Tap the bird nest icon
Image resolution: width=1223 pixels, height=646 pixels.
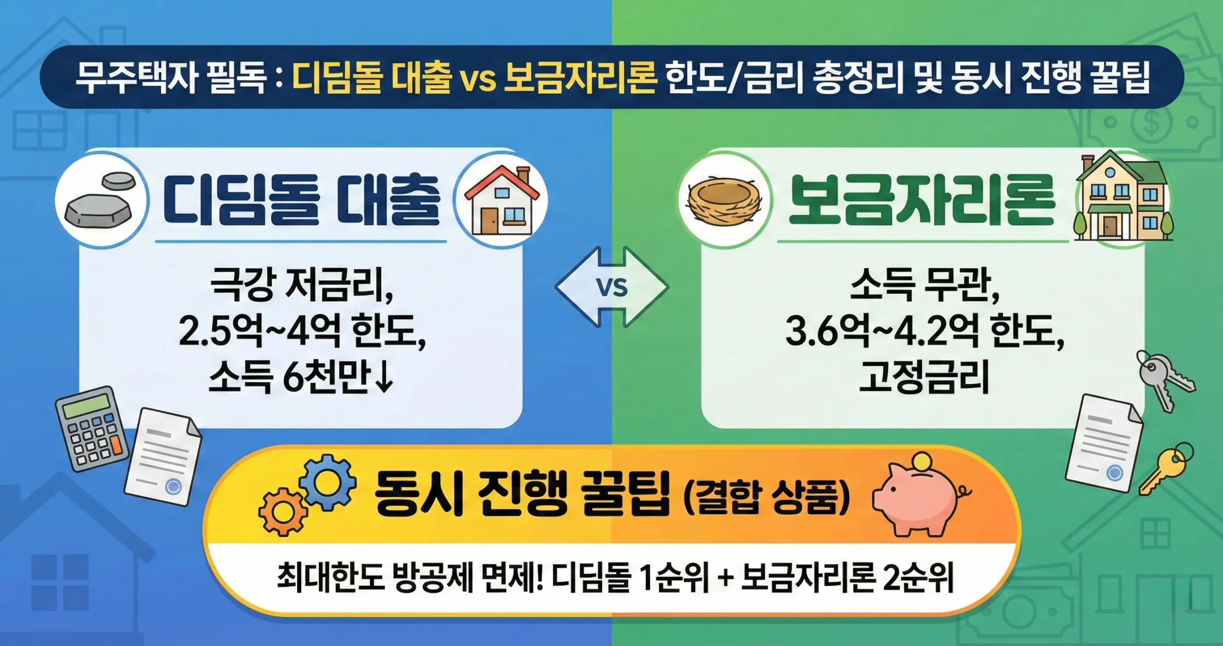pyautogui.click(x=725, y=201)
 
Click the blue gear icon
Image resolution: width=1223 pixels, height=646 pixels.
pyautogui.click(x=327, y=481)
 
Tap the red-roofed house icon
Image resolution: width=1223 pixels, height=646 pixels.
pyautogui.click(x=500, y=201)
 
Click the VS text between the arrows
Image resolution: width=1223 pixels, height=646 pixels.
pyautogui.click(x=612, y=288)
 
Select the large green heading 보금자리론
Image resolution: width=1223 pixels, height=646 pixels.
pyautogui.click(x=922, y=201)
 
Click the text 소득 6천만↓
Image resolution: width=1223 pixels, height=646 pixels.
pyautogui.click(x=301, y=377)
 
